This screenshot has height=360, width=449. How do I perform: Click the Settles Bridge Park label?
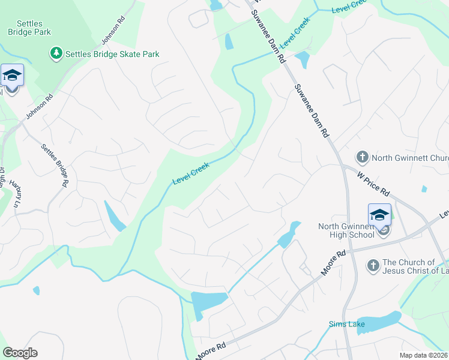pyautogui.click(x=29, y=27)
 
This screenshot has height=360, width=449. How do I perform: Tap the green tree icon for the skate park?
pyautogui.click(x=56, y=54)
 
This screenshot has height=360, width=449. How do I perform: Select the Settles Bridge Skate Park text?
pyautogui.click(x=112, y=54)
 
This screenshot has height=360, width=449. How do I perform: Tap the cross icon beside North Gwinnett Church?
pyautogui.click(x=362, y=158)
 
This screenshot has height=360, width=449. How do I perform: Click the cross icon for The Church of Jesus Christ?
pyautogui.click(x=373, y=265)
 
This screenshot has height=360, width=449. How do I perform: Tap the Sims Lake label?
pyautogui.click(x=343, y=325)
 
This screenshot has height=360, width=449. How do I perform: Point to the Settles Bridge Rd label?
pyautogui.click(x=54, y=164)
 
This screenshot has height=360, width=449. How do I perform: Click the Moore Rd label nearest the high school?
pyautogui.click(x=333, y=263)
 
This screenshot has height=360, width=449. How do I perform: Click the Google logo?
pyautogui.click(x=20, y=352)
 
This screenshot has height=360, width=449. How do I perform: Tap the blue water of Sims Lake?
pyautogui.click(x=379, y=322)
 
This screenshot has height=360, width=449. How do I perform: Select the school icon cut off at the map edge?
pyautogui.click(x=12, y=76)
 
